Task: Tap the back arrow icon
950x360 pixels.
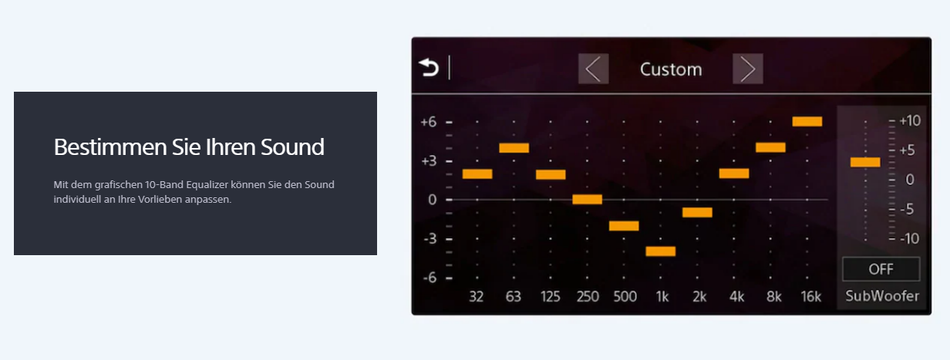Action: pyautogui.click(x=429, y=68)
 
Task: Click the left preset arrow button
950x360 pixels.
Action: pyautogui.click(x=593, y=69)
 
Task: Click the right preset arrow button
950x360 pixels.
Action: pyautogui.click(x=748, y=69)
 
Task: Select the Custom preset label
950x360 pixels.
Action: pyautogui.click(x=671, y=69)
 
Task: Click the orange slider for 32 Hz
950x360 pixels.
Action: pyautogui.click(x=477, y=174)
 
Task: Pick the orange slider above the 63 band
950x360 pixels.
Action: pyautogui.click(x=514, y=148)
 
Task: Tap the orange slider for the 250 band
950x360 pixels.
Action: pyautogui.click(x=588, y=200)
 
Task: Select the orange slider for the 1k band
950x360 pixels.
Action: pyautogui.click(x=661, y=251)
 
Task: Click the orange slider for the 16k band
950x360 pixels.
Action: pyautogui.click(x=807, y=122)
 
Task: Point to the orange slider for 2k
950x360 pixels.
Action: pyautogui.click(x=697, y=213)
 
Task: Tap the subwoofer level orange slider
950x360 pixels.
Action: pyautogui.click(x=865, y=162)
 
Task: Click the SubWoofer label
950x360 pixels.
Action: pyautogui.click(x=882, y=296)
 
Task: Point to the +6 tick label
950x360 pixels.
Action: pyautogui.click(x=429, y=122)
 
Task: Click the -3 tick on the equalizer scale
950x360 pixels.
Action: pyautogui.click(x=430, y=239)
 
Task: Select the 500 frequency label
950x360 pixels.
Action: pyautogui.click(x=625, y=296)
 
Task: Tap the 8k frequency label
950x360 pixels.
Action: pyautogui.click(x=774, y=297)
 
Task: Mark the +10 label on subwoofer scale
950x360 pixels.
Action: pyautogui.click(x=910, y=121)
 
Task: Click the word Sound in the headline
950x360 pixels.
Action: pyautogui.click(x=292, y=147)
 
